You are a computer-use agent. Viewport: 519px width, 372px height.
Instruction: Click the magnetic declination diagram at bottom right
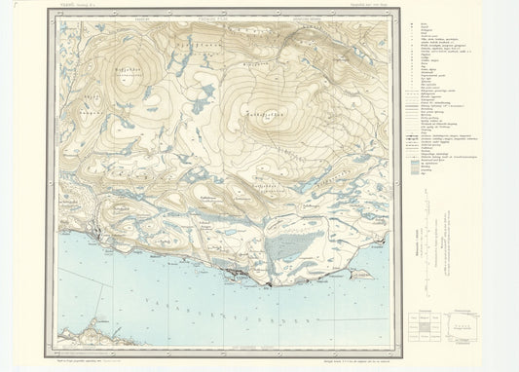pyautogui.click(x=468, y=326)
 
